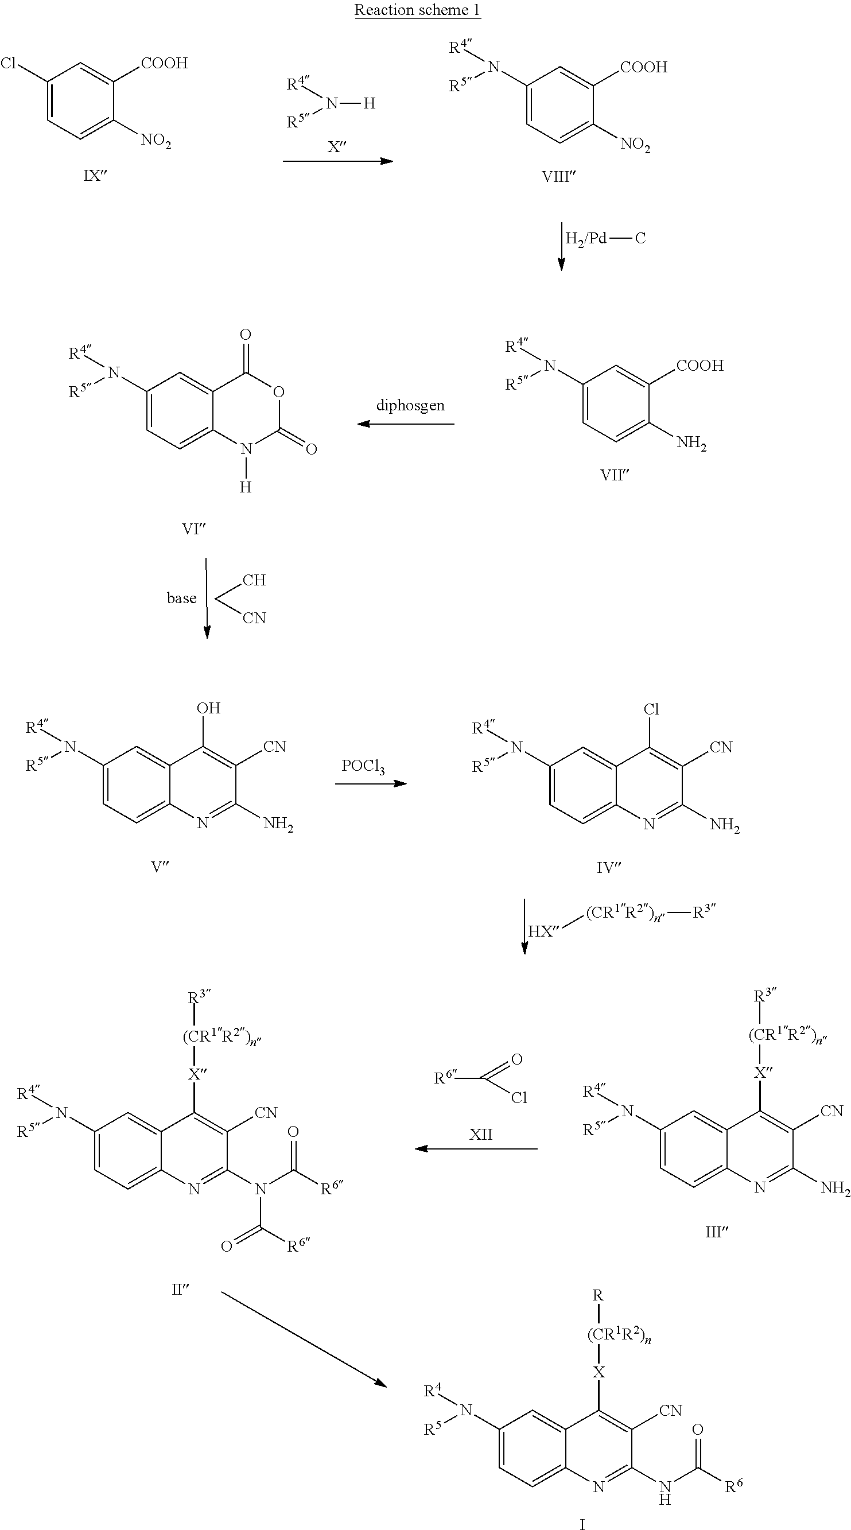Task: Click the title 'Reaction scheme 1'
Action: coord(418,10)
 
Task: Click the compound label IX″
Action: coord(95,176)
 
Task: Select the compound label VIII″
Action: coord(559,176)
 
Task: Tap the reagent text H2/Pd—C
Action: coord(605,239)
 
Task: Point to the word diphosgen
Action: coord(410,406)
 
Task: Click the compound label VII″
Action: coord(614,475)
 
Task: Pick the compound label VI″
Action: coord(193,529)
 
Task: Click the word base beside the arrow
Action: coord(181,598)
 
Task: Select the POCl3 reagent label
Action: coord(363,767)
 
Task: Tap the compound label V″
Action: coord(160,867)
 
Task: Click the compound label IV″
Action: coord(608,868)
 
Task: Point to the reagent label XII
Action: coord(480,1135)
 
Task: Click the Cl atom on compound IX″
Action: coord(8,63)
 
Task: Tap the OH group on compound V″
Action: coord(208,708)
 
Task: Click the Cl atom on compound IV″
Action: coord(651,709)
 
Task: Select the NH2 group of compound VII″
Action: coord(692,443)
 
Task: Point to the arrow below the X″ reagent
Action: coord(338,161)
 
